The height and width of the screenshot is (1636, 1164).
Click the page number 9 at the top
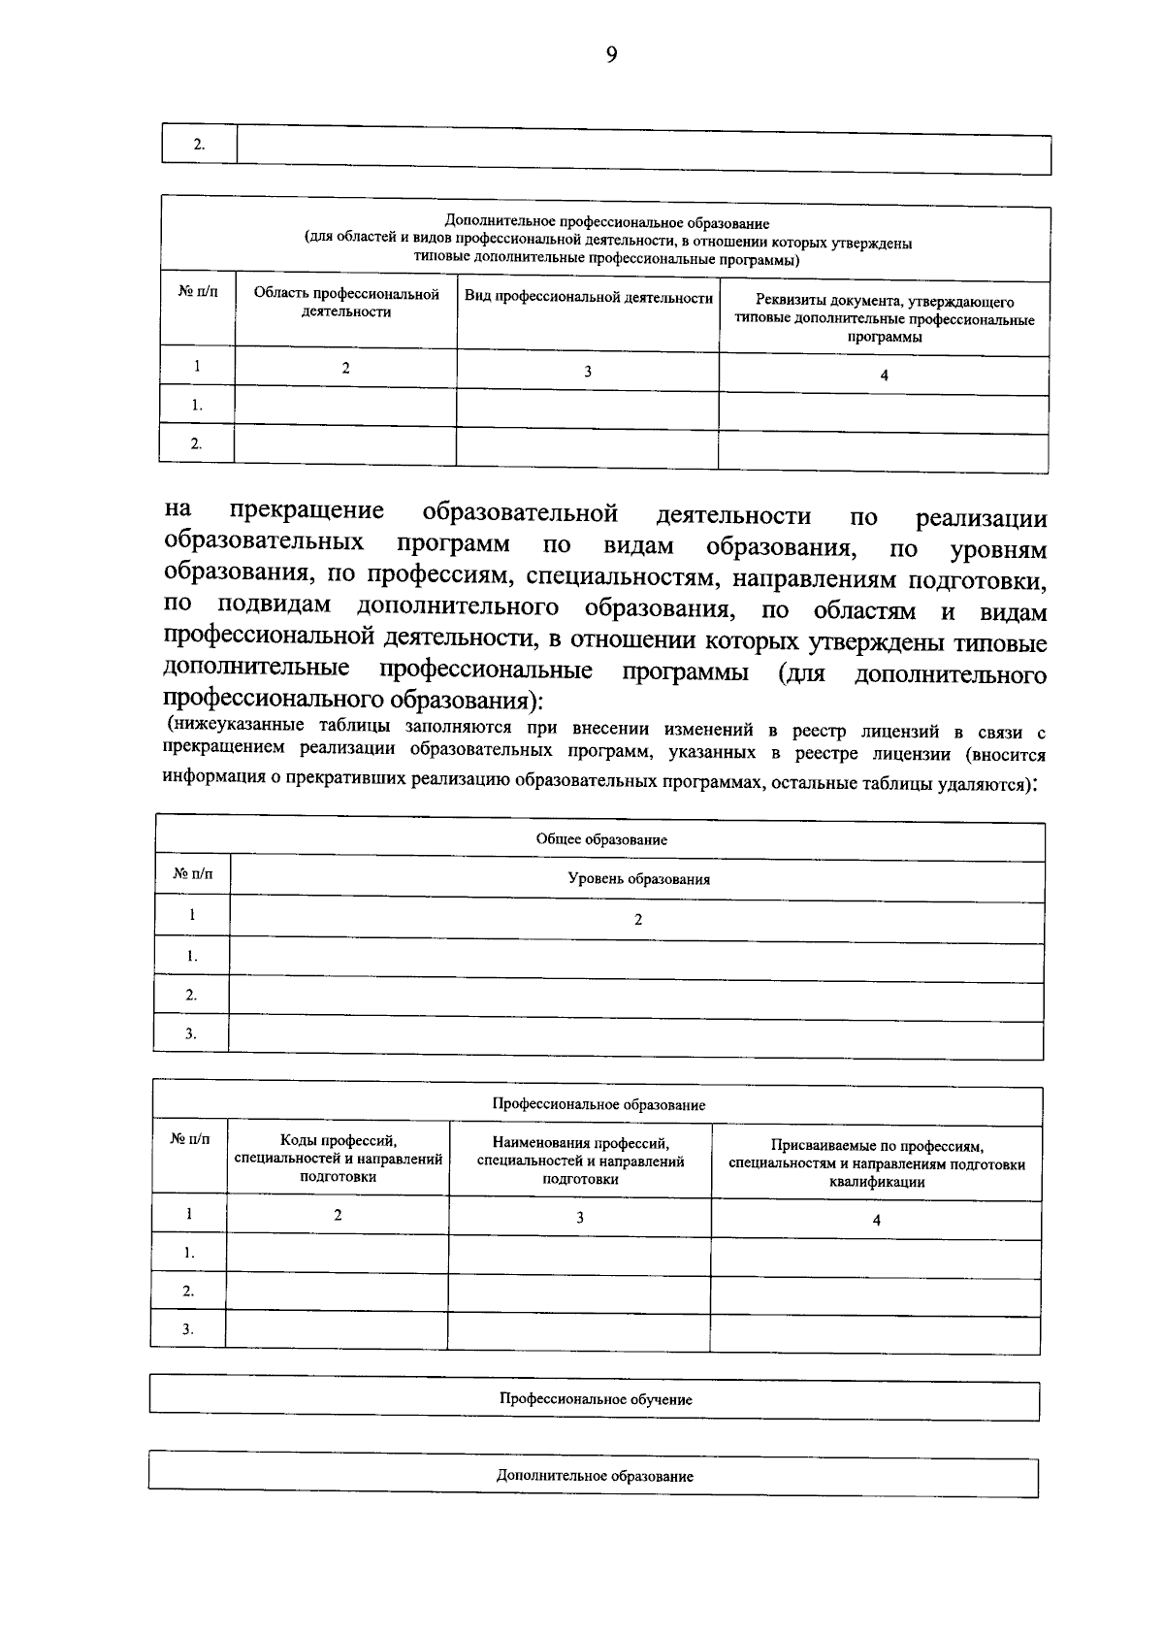point(610,55)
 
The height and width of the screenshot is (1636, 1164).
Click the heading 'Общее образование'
point(601,839)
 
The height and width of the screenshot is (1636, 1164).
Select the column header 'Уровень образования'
point(638,879)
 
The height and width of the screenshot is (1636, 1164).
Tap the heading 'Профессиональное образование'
point(598,1104)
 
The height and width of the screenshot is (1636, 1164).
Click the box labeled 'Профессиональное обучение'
point(596,1399)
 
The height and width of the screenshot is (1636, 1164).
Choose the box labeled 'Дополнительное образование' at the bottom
point(595,1476)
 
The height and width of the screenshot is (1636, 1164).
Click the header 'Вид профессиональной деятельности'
point(589,297)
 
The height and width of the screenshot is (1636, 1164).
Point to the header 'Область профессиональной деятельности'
point(346,303)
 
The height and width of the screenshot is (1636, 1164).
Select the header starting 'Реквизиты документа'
point(885,319)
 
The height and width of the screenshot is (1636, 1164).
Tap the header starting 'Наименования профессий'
point(580,1161)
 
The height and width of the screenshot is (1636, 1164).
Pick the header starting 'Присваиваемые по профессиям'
point(877,1163)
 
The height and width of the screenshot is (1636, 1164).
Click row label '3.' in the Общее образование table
point(191,1034)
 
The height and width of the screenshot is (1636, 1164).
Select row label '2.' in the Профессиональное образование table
point(188,1292)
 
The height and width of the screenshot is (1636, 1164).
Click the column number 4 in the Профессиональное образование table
point(877,1221)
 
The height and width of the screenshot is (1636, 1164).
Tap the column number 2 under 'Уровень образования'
point(638,919)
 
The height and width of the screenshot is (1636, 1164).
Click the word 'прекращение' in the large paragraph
point(312,511)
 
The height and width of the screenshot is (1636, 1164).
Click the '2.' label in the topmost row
point(199,145)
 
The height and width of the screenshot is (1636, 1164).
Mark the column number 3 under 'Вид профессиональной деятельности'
point(588,372)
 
